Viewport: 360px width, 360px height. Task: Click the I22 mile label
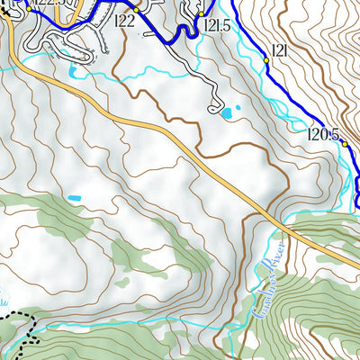click(x=125, y=22)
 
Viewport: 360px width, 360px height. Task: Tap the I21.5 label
click(x=217, y=26)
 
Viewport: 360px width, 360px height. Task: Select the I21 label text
click(x=279, y=51)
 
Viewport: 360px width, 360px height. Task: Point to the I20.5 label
click(x=322, y=135)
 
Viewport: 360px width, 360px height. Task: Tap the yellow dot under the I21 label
click(x=266, y=60)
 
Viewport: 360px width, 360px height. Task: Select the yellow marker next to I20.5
click(x=345, y=143)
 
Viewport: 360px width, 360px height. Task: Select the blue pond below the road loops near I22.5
click(x=71, y=70)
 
